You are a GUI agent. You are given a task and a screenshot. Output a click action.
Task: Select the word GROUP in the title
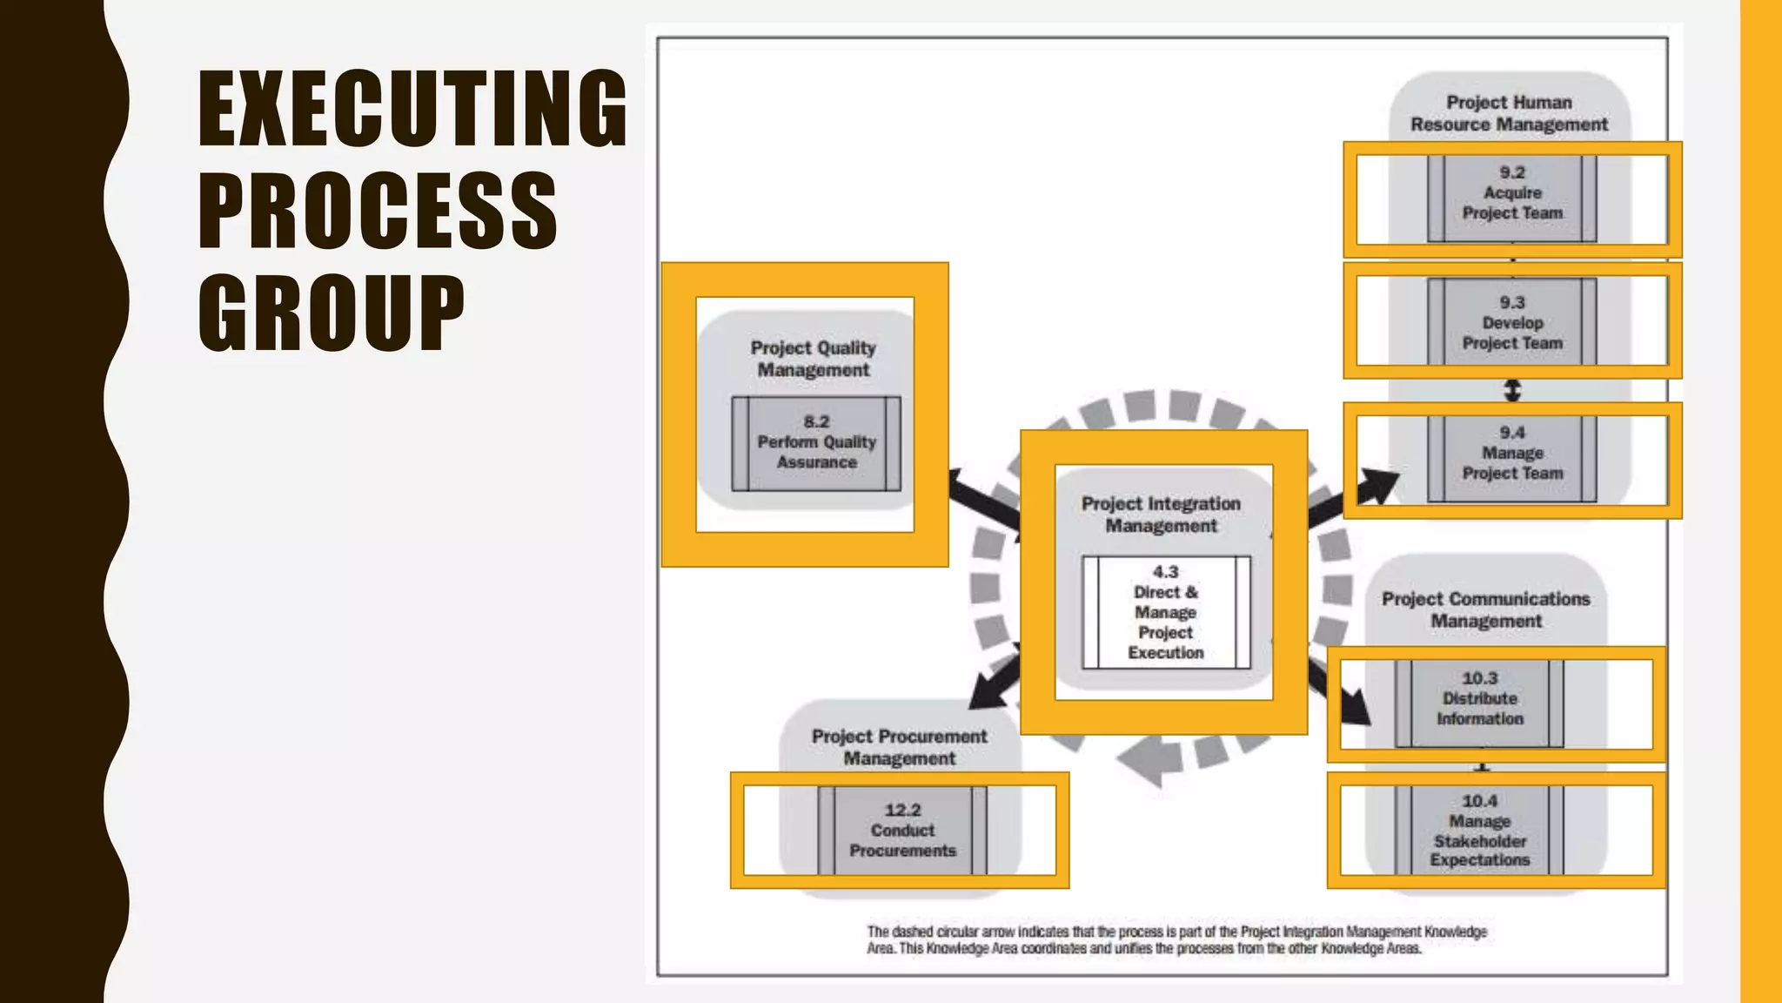(x=332, y=313)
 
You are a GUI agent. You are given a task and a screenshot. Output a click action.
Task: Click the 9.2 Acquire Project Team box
(x=1512, y=199)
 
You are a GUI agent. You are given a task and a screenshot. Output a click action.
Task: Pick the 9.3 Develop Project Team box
(x=1512, y=321)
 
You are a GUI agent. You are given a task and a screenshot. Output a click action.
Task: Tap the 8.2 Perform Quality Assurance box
(x=816, y=443)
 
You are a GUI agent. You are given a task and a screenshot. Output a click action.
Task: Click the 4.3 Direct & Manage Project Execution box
(x=1166, y=612)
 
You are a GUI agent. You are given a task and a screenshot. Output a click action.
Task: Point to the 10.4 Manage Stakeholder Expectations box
(x=1479, y=830)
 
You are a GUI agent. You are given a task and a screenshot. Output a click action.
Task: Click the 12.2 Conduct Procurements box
(x=902, y=831)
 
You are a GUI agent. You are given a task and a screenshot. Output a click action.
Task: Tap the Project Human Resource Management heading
(x=1510, y=113)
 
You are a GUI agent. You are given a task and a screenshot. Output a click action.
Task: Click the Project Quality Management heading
(x=814, y=359)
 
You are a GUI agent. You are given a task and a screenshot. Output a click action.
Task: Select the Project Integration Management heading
(x=1162, y=515)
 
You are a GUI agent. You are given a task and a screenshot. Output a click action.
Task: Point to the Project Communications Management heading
(x=1486, y=609)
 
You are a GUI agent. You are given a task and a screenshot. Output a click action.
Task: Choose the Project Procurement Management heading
(x=900, y=747)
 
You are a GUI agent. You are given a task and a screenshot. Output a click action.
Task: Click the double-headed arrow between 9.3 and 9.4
(x=1513, y=390)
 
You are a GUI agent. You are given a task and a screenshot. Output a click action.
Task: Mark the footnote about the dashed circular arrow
(x=1176, y=940)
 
